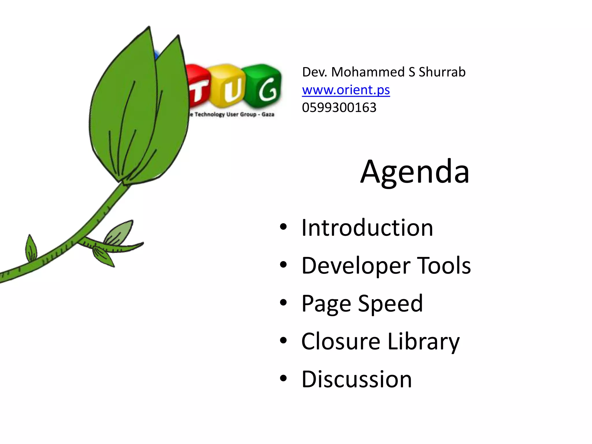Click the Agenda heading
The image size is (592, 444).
tap(415, 172)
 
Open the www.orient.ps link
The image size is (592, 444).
tap(346, 90)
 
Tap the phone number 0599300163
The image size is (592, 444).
tap(339, 108)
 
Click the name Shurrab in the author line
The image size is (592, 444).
tap(442, 72)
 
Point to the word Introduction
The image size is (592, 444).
tap(367, 228)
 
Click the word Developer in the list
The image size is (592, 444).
tap(356, 266)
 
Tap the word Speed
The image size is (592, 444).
tap(390, 304)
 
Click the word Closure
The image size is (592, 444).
tap(341, 341)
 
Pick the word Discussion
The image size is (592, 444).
tap(356, 379)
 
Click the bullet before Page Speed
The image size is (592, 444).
tap(283, 303)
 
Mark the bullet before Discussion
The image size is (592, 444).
tap(283, 378)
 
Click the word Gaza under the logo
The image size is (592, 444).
tap(268, 114)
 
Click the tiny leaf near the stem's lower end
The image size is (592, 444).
tap(31, 249)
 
